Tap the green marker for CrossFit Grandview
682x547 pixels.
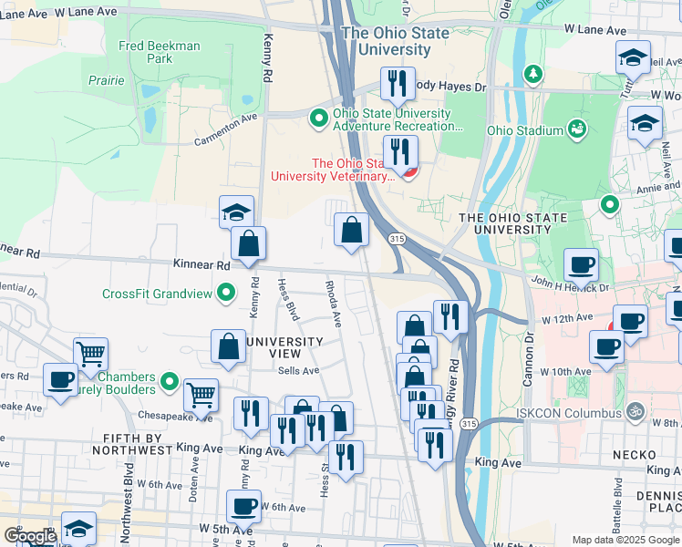coord(228,294)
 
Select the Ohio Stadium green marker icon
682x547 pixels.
coord(576,130)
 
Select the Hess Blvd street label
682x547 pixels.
coord(289,301)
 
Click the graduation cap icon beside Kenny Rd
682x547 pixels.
coord(237,212)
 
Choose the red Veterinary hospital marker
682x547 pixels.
coord(409,170)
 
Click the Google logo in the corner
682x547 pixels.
coord(29,536)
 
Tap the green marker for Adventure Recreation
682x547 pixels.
coord(319,118)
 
